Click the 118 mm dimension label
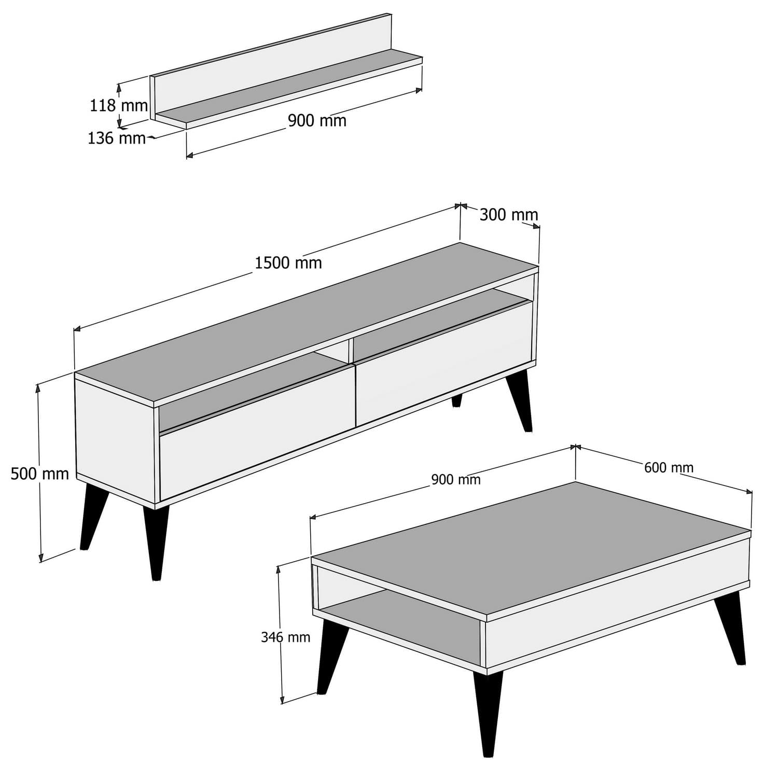point(119,106)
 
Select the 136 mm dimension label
point(116,138)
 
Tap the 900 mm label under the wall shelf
point(317,120)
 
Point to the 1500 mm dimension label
point(288,263)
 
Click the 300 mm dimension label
point(508,215)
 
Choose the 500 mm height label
point(39,474)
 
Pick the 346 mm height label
point(285,637)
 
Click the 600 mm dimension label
point(669,468)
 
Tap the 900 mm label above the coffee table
point(456,480)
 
